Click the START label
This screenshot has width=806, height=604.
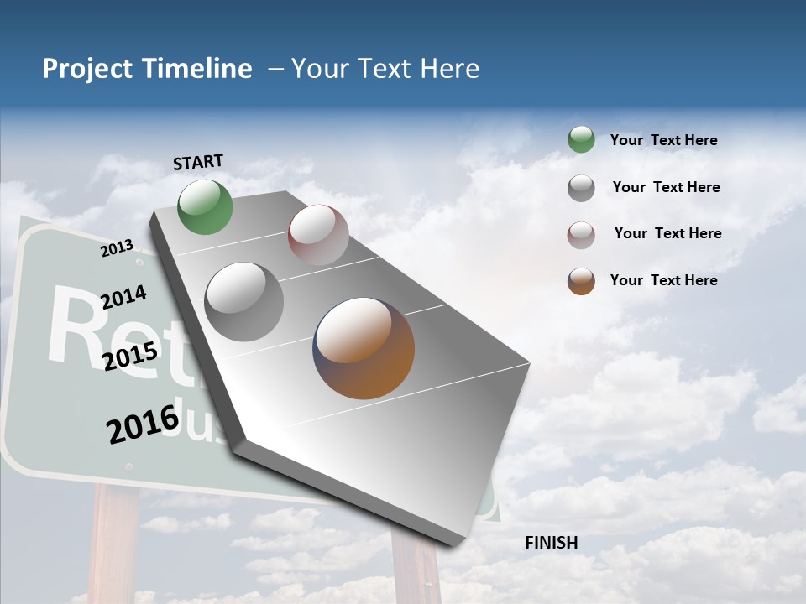tap(198, 162)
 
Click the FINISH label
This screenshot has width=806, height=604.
tap(551, 543)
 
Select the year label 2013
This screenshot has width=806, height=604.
tap(118, 247)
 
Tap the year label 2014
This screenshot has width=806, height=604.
tap(124, 297)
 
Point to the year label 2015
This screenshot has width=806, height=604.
tap(130, 356)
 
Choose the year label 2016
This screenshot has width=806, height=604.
tap(143, 424)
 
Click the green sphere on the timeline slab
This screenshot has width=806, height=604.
tap(206, 206)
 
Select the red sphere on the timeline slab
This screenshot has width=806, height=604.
tap(318, 235)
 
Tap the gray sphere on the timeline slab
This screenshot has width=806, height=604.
tap(244, 302)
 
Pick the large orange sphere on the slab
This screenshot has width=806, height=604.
tap(364, 348)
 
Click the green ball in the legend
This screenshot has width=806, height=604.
tap(581, 139)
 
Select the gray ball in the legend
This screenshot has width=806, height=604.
tap(581, 188)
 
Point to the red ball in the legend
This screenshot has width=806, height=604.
tap(581, 235)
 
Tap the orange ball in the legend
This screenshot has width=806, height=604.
tap(581, 281)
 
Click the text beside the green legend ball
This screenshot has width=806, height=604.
tap(663, 140)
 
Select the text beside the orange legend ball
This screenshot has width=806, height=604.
tap(663, 280)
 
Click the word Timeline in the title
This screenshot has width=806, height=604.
tap(197, 69)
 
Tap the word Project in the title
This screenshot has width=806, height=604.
tap(88, 69)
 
